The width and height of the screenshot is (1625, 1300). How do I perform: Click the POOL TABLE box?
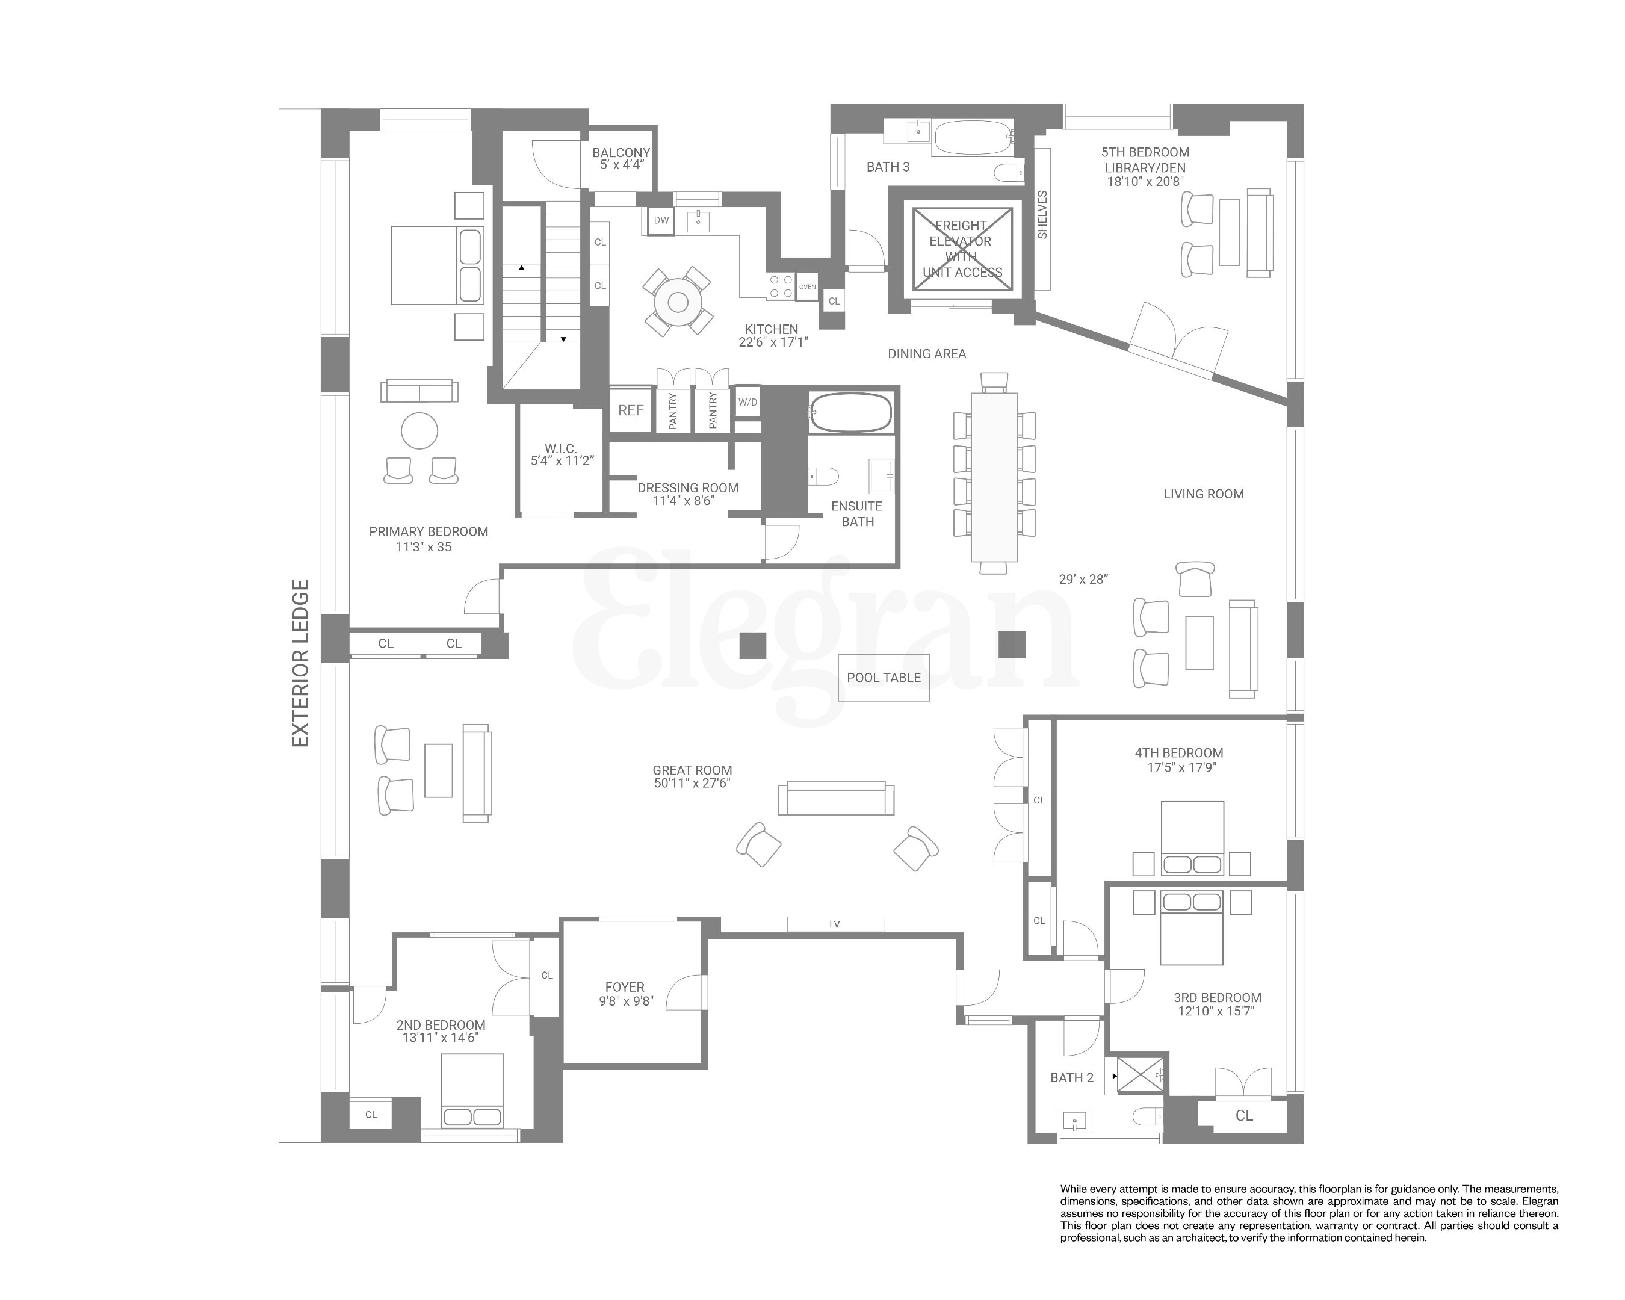[884, 678]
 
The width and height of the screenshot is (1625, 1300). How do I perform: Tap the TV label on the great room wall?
[834, 924]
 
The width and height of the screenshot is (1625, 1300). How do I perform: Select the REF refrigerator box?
[630, 410]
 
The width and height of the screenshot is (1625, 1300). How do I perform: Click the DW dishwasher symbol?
[661, 221]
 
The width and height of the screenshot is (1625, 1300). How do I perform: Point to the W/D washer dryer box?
[747, 403]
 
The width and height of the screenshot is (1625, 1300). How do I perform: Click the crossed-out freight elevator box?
[962, 249]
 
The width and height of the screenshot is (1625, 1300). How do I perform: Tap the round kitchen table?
[678, 302]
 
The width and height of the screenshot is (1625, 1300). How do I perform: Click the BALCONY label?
[621, 152]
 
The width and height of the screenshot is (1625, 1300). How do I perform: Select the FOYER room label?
[625, 986]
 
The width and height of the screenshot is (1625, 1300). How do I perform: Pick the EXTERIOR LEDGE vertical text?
[301, 663]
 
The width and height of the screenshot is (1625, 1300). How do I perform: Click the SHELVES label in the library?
[1042, 215]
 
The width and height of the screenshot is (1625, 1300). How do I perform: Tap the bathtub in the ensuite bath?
[851, 412]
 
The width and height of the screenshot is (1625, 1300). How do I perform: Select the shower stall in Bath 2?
[1140, 1075]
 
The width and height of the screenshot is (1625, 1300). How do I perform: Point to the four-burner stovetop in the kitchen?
[781, 286]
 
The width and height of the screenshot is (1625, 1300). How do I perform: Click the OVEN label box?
[807, 287]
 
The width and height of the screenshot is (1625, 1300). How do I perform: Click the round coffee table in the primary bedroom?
[419, 432]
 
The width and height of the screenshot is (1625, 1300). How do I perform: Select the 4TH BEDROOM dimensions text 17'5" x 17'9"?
[1180, 768]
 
